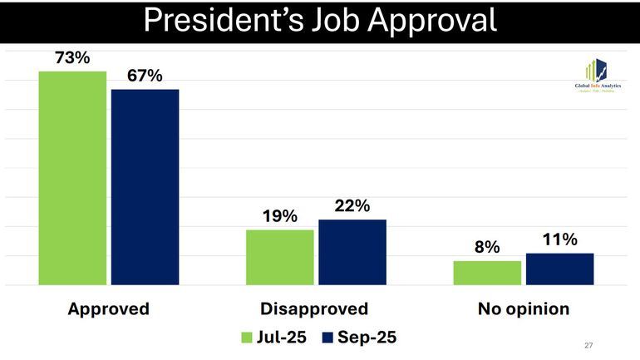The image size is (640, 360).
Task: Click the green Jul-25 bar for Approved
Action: tap(72, 178)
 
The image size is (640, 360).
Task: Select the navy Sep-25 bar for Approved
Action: tap(145, 187)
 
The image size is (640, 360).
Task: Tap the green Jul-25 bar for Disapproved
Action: tap(280, 257)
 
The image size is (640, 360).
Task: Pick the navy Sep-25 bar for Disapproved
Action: tap(352, 252)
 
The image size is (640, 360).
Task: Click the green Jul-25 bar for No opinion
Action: tap(487, 273)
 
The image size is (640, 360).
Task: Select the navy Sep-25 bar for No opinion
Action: tap(559, 269)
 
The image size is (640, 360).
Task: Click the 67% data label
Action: tap(145, 76)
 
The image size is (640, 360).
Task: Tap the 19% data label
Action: tap(280, 216)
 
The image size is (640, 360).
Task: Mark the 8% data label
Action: tap(487, 247)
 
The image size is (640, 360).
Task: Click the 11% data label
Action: tap(559, 239)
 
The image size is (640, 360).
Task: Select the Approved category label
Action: tap(108, 309)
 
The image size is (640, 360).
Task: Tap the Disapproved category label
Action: tap(314, 309)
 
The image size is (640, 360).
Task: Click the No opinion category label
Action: tap(523, 309)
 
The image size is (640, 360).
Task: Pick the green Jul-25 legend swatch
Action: tap(247, 337)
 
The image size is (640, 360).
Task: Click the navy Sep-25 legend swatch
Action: tap(327, 337)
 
